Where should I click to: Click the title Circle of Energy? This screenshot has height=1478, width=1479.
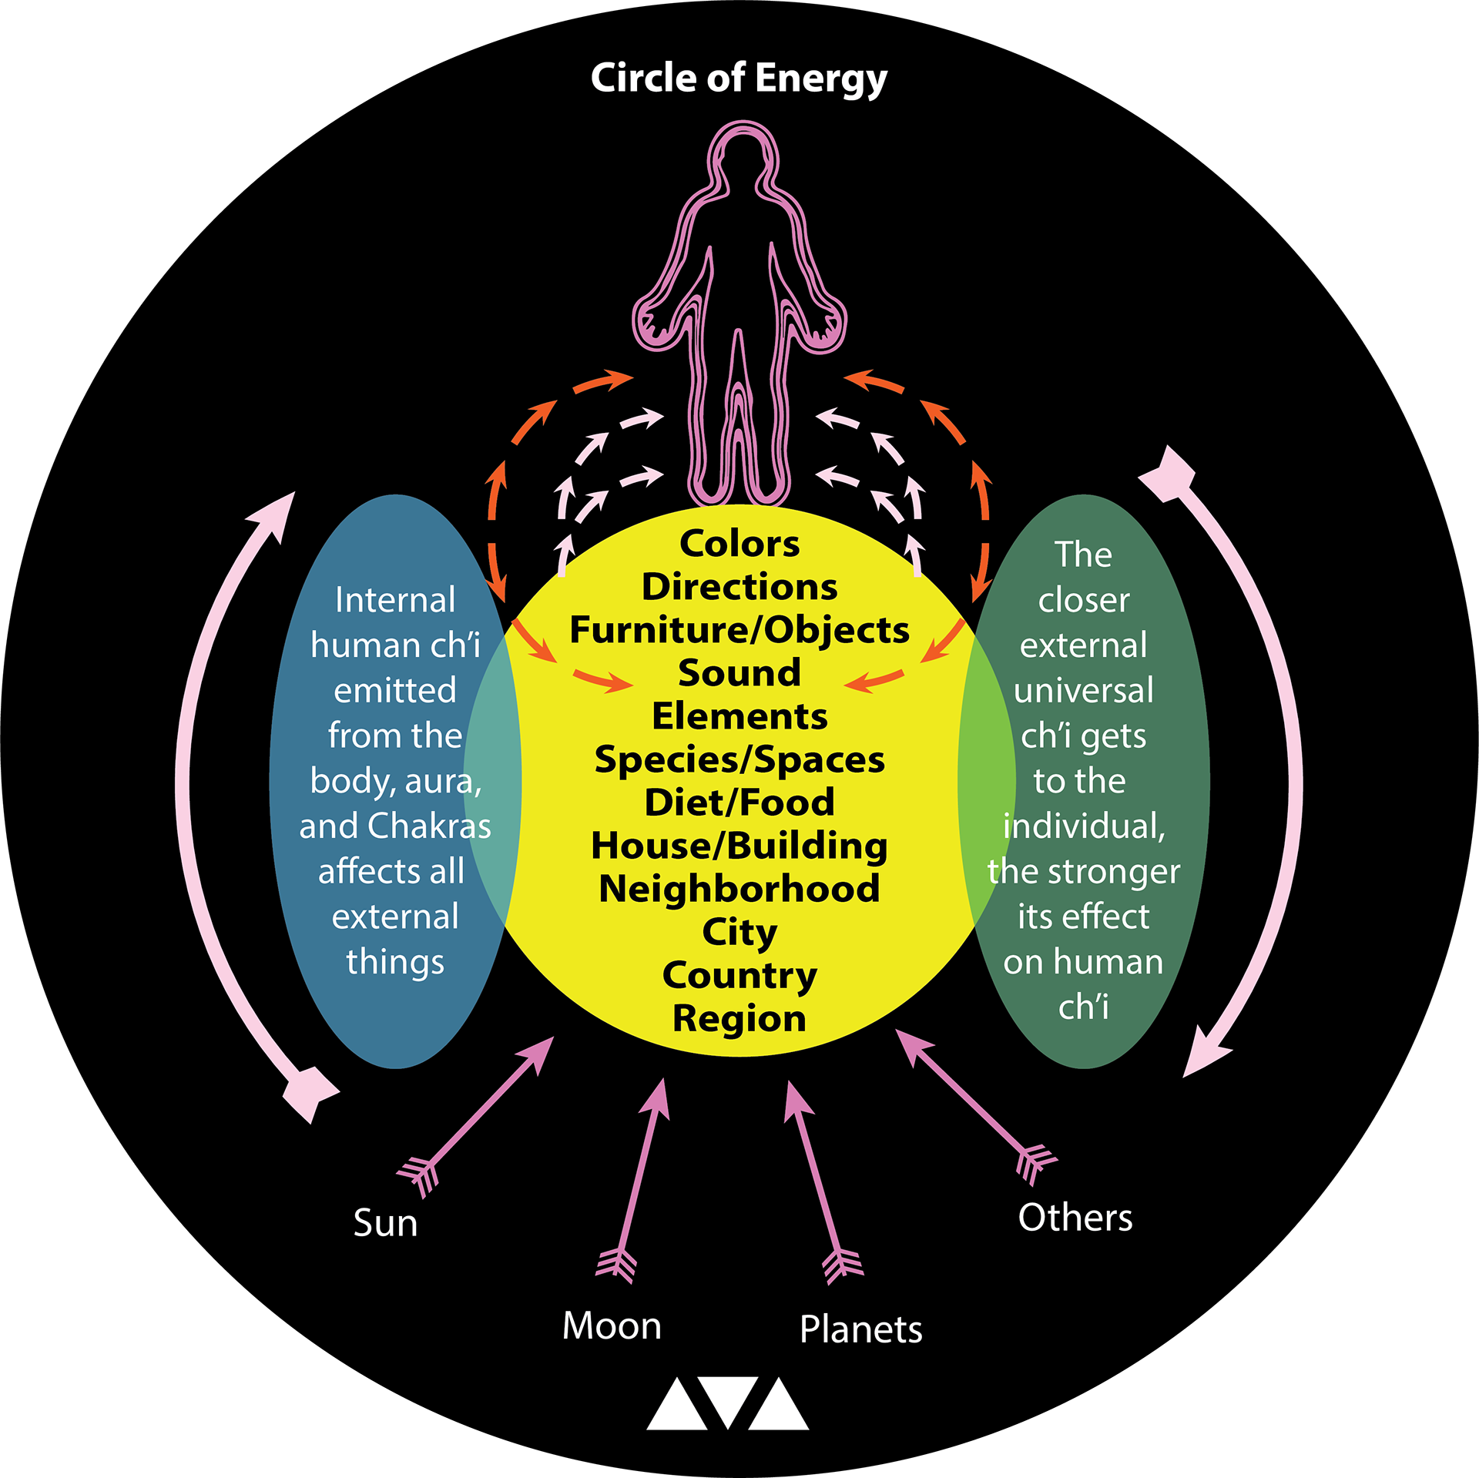tap(739, 79)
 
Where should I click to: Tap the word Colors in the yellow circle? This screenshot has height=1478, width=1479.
tap(739, 544)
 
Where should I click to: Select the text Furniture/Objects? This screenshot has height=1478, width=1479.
tap(739, 630)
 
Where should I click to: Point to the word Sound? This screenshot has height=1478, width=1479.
tap(739, 673)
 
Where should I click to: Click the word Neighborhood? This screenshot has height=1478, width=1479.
tap(739, 889)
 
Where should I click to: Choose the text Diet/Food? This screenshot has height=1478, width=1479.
tap(739, 803)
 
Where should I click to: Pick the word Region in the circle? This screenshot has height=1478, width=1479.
tap(739, 1018)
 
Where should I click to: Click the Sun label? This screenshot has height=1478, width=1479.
tap(385, 1223)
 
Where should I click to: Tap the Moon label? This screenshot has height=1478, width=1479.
tap(612, 1326)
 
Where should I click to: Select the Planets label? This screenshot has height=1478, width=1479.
tap(860, 1329)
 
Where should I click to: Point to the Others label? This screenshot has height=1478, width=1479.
tap(1075, 1218)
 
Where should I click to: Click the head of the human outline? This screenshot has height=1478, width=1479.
tap(742, 158)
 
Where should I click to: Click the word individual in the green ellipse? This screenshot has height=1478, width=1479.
tap(1084, 826)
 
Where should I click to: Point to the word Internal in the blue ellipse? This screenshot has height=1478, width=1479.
tap(395, 600)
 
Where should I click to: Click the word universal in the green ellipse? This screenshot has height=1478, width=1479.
tap(1084, 691)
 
